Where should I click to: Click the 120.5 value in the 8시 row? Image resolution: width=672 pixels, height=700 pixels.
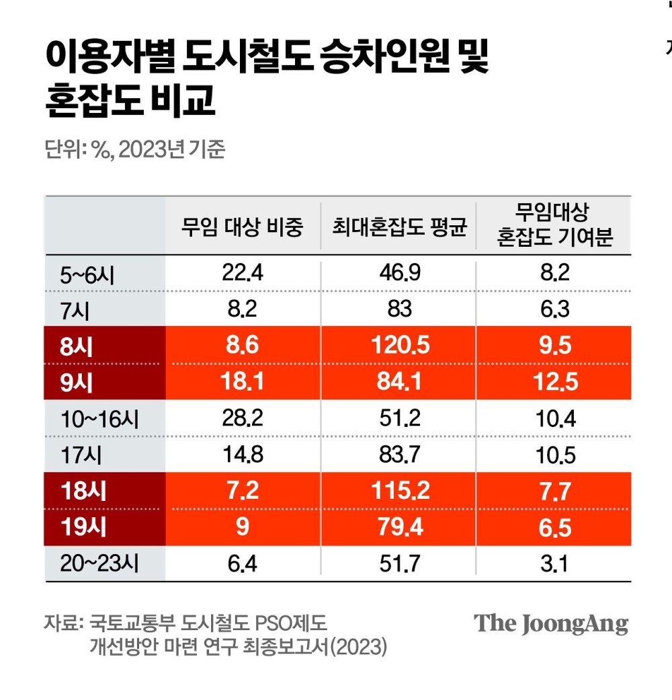tap(400, 345)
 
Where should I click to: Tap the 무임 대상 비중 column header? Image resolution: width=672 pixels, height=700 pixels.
tap(242, 229)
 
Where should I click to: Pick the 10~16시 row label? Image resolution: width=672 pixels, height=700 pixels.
tap(99, 418)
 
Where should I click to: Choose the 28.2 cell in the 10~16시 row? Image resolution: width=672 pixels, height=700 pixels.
tap(242, 418)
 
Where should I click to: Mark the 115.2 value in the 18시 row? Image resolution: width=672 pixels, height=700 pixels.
tap(400, 491)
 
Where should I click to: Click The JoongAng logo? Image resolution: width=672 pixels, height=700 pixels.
tap(551, 623)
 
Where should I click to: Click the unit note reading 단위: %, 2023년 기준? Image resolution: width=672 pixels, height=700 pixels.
tap(134, 149)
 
